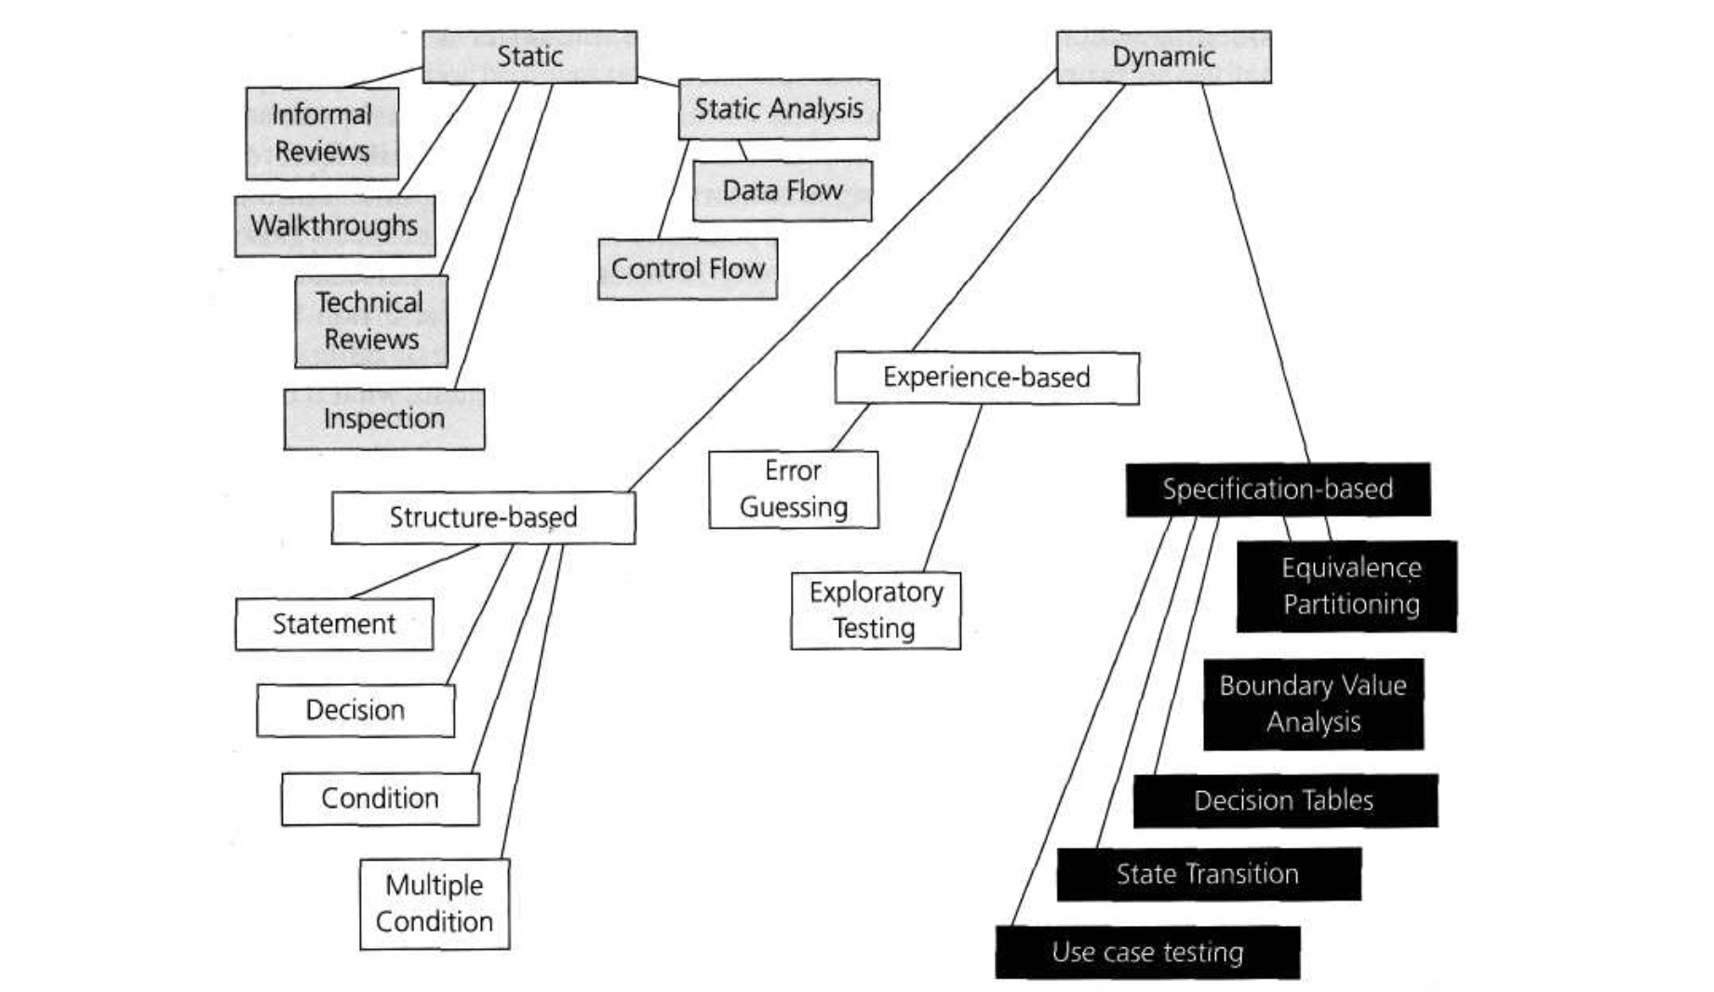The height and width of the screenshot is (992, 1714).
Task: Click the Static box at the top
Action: [x=529, y=57]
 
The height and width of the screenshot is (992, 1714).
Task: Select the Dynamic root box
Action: [x=1163, y=57]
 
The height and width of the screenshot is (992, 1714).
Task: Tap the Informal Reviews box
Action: [x=322, y=133]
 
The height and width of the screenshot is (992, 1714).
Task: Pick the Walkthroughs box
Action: [x=334, y=225]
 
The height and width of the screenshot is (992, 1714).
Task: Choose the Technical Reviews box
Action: [x=370, y=321]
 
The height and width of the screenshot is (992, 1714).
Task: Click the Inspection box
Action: [x=383, y=419]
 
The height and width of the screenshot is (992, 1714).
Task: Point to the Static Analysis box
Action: [x=778, y=109]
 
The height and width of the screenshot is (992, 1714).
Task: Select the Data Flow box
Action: [x=782, y=191]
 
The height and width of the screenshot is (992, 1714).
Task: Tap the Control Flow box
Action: [x=687, y=269]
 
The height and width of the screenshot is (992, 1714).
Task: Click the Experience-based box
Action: [x=986, y=377]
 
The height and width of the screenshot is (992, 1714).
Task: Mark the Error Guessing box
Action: [x=793, y=489]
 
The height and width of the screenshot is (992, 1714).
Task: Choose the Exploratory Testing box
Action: [x=875, y=610]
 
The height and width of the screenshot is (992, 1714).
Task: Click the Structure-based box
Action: [x=483, y=517]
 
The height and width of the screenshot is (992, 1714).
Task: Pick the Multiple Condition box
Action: [x=435, y=904]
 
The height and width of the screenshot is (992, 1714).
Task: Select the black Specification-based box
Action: [x=1278, y=489]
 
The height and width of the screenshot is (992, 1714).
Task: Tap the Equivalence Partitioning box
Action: [x=1347, y=586]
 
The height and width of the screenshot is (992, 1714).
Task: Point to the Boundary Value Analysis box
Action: [x=1313, y=704]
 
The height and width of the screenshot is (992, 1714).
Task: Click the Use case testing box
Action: [x=1146, y=952]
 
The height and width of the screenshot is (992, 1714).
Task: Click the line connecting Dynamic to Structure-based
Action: [x=842, y=279]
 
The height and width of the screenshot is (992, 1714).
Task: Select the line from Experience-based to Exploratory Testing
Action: [x=953, y=488]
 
